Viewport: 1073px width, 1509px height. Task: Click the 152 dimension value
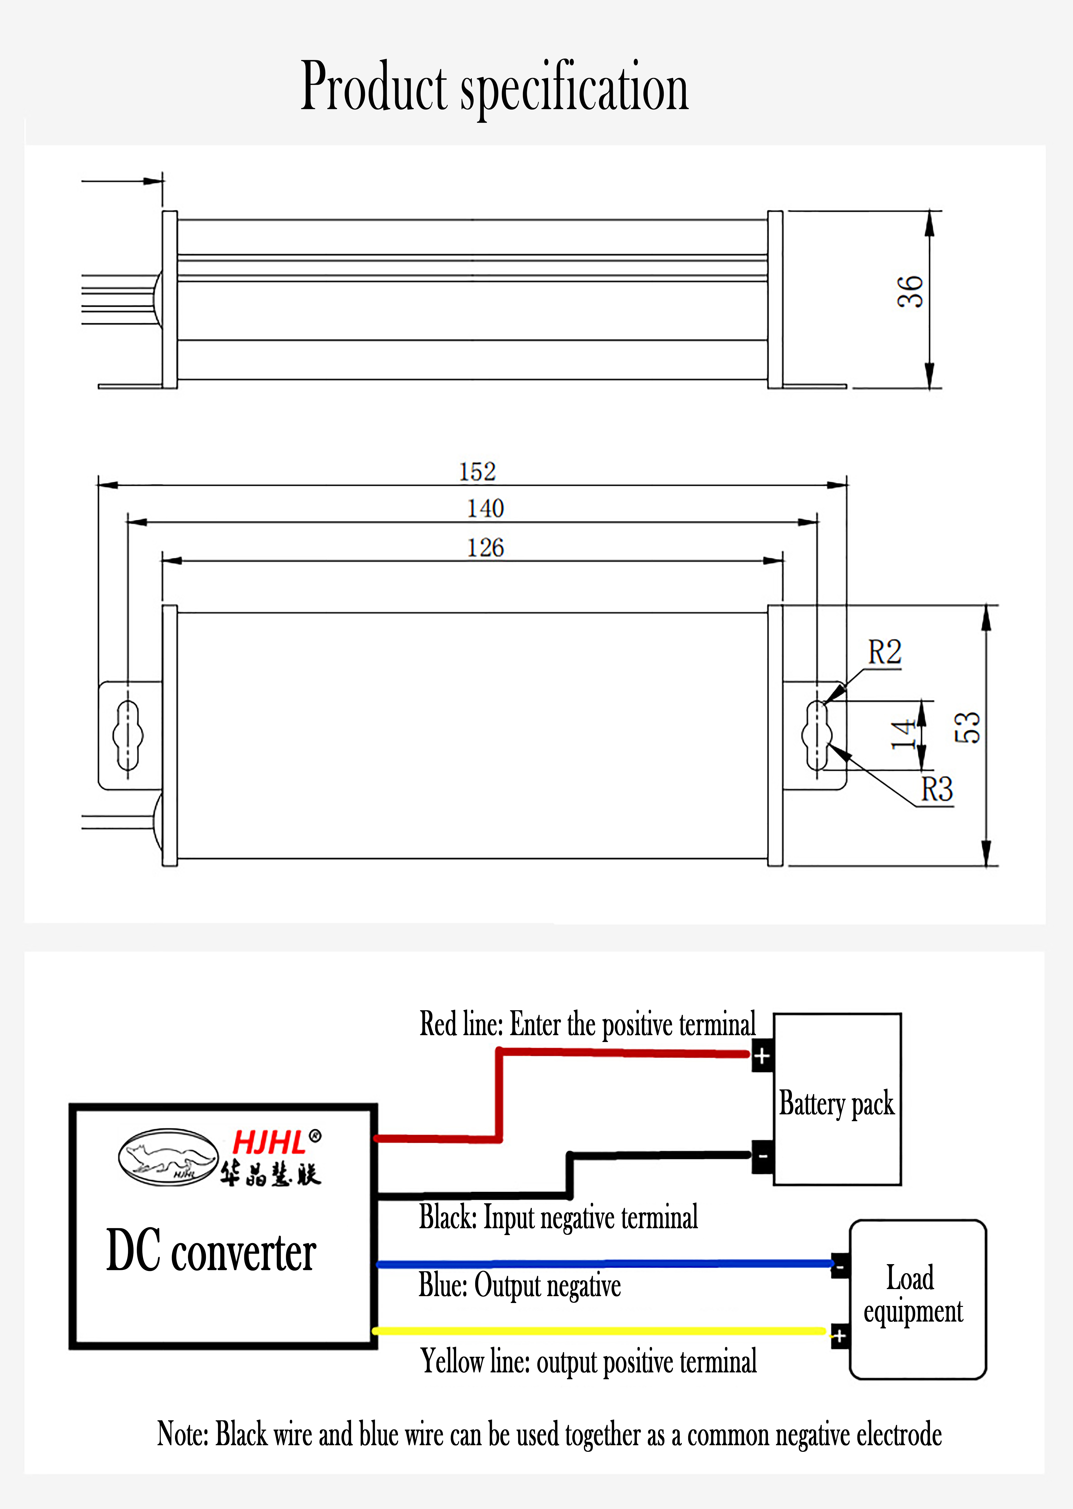(477, 472)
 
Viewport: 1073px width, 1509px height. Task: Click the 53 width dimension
(967, 727)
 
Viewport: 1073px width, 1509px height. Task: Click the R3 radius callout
(937, 789)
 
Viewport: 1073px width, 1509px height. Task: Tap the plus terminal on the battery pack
(762, 1056)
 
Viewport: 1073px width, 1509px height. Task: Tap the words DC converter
(211, 1251)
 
